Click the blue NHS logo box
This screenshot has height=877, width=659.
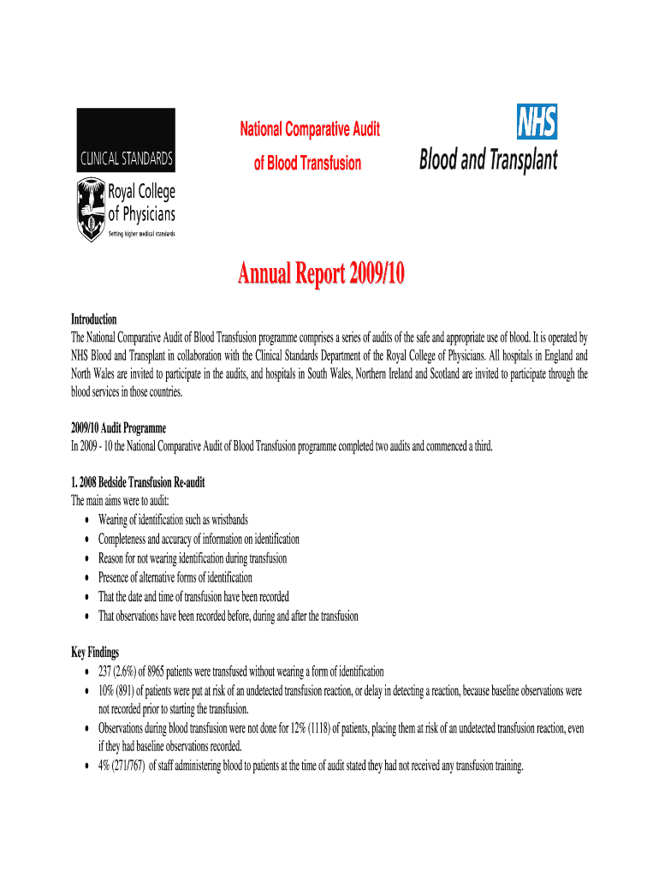pyautogui.click(x=537, y=122)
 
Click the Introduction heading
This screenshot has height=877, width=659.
pyautogui.click(x=93, y=319)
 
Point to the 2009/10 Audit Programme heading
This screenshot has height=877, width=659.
pyautogui.click(x=118, y=427)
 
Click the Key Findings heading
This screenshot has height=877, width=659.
pyautogui.click(x=95, y=652)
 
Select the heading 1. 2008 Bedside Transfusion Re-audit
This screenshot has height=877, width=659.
pyautogui.click(x=138, y=482)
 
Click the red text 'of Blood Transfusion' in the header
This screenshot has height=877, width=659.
pyautogui.click(x=307, y=164)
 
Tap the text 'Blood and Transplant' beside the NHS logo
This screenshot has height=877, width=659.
pyautogui.click(x=488, y=160)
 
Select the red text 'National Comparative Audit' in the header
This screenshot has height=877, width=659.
pyautogui.click(x=309, y=130)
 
